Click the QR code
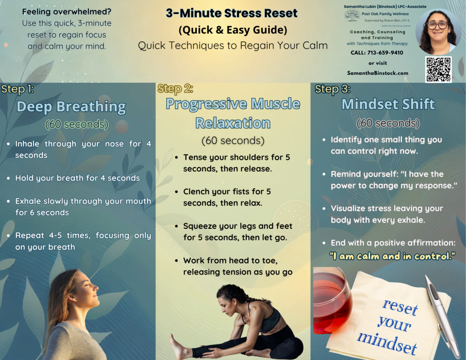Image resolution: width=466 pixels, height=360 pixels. [x=438, y=70]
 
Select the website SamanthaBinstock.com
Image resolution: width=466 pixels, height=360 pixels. [x=377, y=73]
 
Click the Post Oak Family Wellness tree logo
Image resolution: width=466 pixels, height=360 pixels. [x=351, y=16]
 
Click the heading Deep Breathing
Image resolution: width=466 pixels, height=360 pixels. [x=71, y=106]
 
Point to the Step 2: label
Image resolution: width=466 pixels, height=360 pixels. [x=175, y=89]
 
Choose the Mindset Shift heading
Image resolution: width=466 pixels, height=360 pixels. [x=388, y=104]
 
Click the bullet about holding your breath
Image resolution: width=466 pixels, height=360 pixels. [x=77, y=178]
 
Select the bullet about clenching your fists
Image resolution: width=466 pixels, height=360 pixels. [x=227, y=197]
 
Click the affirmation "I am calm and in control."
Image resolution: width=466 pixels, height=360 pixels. [x=392, y=256]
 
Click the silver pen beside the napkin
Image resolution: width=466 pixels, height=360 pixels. [x=441, y=314]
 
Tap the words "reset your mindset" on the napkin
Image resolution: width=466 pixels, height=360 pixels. [x=393, y=325]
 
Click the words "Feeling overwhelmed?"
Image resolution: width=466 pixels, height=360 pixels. [x=66, y=12]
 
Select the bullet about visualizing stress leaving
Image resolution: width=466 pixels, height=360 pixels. [x=386, y=214]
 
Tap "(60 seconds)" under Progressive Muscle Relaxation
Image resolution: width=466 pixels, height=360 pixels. [x=233, y=141]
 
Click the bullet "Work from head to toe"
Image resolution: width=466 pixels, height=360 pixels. [x=237, y=266]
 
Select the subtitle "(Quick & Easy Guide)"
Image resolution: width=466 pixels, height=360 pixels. [x=233, y=30]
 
